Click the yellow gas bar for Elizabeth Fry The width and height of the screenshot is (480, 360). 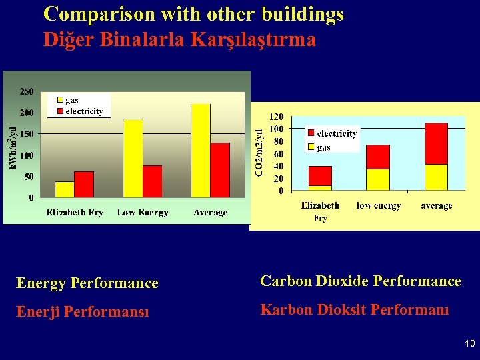coord(64,189)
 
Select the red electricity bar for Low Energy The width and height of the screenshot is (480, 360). coord(153,181)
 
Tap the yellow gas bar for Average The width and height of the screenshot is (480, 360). coord(200,151)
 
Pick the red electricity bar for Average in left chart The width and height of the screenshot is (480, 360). coord(220,170)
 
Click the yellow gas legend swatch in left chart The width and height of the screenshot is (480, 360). coord(60,101)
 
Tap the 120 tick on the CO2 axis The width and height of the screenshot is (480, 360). coord(276,116)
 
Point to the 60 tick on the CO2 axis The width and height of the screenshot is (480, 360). coord(278,153)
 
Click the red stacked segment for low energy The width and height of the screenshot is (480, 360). coord(378,157)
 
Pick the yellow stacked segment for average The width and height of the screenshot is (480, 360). coord(436,177)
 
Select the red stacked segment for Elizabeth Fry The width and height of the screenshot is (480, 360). coord(320,175)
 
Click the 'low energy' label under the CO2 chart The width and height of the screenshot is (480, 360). coord(379,206)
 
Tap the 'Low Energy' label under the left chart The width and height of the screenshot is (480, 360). coord(143,213)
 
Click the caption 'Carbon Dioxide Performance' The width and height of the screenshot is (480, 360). coord(360,281)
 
